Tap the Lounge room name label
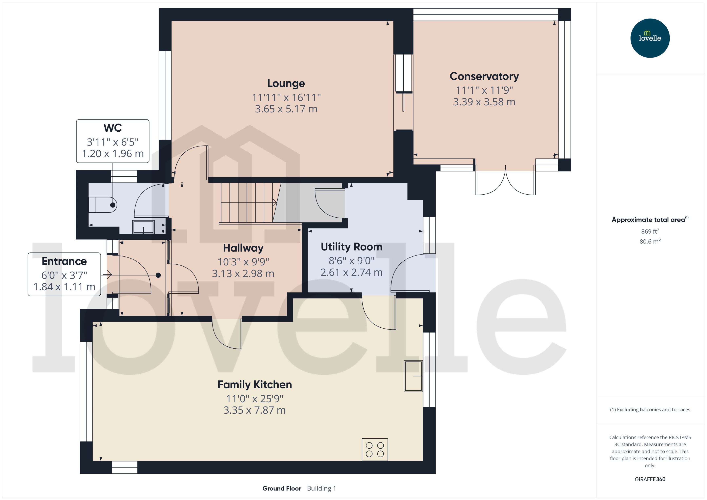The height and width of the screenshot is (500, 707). [x=286, y=83]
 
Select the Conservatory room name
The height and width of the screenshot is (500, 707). [x=484, y=76]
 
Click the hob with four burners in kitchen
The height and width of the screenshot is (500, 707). [x=375, y=450]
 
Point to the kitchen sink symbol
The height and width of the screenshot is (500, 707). [x=413, y=376]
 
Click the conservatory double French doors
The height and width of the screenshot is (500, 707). [x=505, y=182]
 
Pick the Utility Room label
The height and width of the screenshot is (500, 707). [x=351, y=247]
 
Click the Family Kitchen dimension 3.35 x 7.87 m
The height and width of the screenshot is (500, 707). [x=255, y=410]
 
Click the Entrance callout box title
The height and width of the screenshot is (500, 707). [x=64, y=261]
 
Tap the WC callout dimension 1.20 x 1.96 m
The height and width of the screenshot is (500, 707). [x=113, y=153]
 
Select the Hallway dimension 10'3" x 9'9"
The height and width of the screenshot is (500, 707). [x=243, y=262]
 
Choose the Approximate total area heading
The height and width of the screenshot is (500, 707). [x=648, y=220]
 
